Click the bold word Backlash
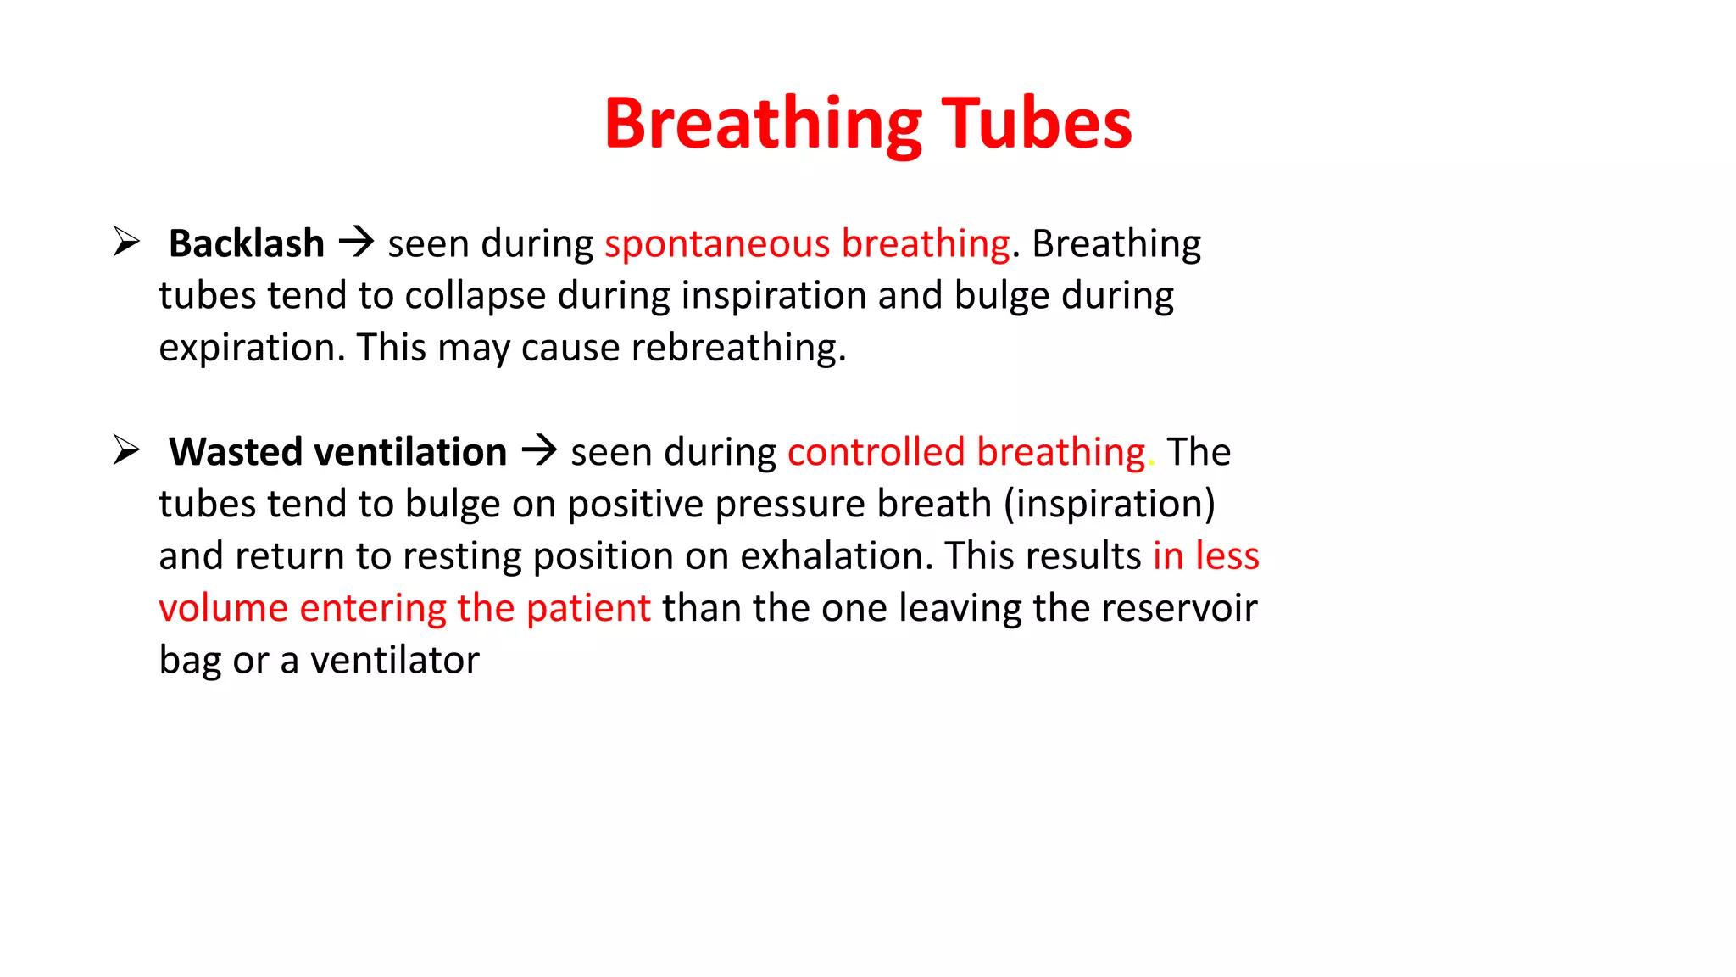pos(246,244)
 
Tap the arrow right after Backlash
pos(356,243)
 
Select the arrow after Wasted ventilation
pos(539,450)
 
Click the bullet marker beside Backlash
pos(126,242)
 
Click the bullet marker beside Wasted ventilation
pos(126,450)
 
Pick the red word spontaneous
pos(716,244)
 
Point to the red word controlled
pos(876,452)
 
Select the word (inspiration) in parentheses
pos(1109,504)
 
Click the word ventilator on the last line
pos(395,661)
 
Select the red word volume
pos(223,608)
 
